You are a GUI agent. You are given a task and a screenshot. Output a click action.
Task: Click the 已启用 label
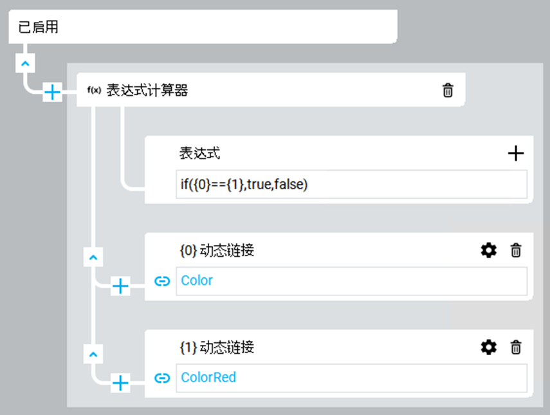tap(39, 28)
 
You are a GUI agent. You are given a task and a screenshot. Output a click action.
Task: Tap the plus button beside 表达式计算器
tap(52, 93)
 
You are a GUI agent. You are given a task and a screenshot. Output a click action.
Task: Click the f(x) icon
tap(94, 91)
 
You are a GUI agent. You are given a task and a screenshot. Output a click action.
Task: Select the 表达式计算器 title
tap(147, 91)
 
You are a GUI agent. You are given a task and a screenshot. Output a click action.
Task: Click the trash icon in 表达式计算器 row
tap(448, 91)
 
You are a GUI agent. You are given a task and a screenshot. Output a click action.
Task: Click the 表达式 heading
tap(199, 153)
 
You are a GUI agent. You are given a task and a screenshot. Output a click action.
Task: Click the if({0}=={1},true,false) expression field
tap(351, 185)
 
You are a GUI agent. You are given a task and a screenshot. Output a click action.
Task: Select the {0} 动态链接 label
tap(216, 250)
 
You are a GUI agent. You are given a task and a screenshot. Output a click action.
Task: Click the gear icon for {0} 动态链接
tap(489, 250)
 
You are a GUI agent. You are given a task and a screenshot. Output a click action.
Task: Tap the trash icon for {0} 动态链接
tap(516, 250)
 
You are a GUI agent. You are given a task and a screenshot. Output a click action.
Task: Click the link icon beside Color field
tap(162, 281)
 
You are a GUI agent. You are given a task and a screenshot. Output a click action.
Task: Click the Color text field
tap(351, 281)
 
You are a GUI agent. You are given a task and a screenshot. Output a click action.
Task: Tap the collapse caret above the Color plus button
tap(93, 257)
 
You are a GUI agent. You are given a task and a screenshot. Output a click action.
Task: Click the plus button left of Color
tap(120, 286)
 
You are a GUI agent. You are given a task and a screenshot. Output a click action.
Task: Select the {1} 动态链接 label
tap(216, 347)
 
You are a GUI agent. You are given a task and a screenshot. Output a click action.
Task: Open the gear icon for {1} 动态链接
tap(489, 347)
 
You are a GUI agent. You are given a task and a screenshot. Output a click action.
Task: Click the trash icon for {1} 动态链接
tap(516, 347)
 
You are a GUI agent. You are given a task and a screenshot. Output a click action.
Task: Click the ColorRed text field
tap(351, 378)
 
